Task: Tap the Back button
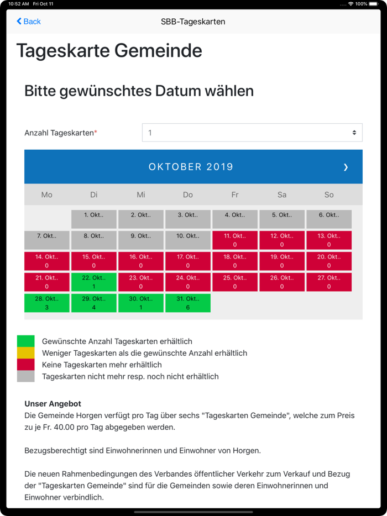coord(29,22)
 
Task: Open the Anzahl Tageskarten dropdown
coord(252,133)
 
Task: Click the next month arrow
coord(346,167)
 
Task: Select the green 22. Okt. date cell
coord(94,282)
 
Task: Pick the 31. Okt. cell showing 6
coord(188,303)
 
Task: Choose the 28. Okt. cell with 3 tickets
coord(47,303)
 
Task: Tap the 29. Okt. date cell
coord(94,303)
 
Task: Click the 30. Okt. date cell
coord(141,303)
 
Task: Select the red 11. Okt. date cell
coord(235,240)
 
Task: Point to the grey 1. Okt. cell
coord(94,219)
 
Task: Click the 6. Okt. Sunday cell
coord(329,219)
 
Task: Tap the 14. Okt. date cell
coord(47,261)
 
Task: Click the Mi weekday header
coord(141,195)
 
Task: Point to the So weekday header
coord(329,195)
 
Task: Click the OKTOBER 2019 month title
coord(191,167)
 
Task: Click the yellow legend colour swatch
coord(25,353)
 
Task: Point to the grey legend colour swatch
coord(25,377)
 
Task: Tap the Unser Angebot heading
coord(53,404)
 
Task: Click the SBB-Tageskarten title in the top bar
coord(193,22)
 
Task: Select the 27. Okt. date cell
coord(329,282)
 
